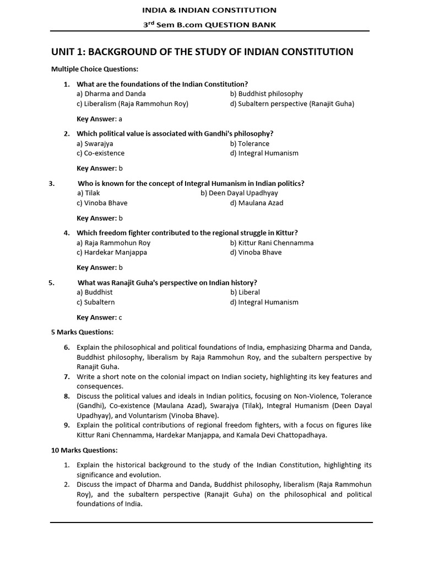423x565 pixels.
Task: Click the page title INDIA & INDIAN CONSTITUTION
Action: click(209, 10)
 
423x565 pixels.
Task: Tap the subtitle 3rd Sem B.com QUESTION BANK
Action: click(209, 24)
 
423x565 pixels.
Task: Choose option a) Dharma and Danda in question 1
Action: click(104, 94)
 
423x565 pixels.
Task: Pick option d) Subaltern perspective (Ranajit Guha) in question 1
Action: click(292, 104)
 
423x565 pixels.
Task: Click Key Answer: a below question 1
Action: click(99, 119)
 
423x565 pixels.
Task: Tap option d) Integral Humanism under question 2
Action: click(264, 153)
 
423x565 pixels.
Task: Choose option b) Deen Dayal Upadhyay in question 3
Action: click(239, 193)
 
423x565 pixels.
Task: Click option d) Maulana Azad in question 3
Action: click(257, 203)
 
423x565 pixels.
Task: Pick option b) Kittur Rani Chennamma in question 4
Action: click(272, 243)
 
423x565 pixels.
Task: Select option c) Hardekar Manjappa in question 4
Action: click(112, 253)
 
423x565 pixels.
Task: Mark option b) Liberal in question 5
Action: click(245, 292)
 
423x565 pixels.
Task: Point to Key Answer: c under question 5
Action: click(99, 317)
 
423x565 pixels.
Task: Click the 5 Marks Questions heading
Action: click(83, 332)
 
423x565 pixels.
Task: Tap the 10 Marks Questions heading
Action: click(84, 450)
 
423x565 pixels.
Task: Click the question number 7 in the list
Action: click(66, 377)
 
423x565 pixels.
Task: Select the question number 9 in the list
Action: click(66, 425)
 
